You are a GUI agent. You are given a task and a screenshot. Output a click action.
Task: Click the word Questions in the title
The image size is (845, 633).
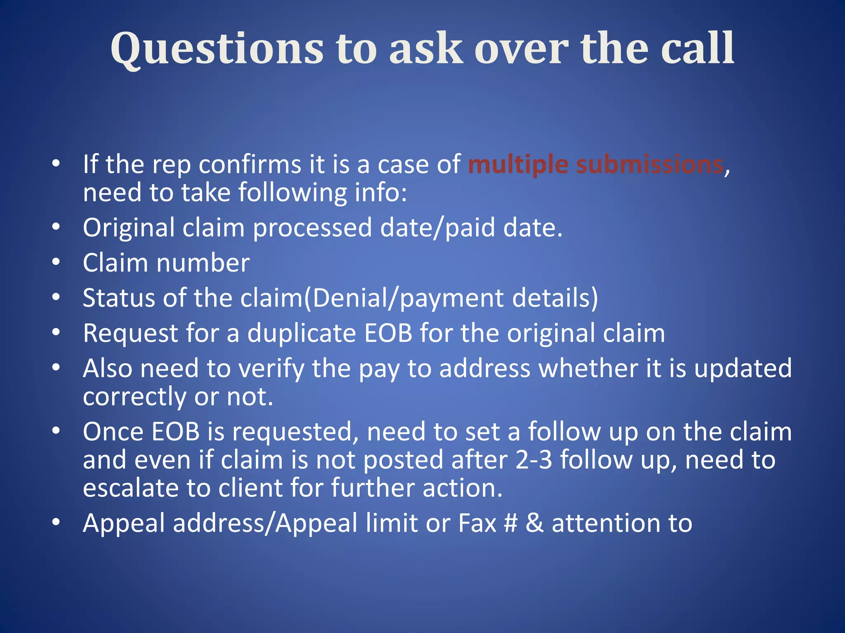pos(217,49)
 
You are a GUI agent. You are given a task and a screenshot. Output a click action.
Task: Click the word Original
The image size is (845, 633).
pos(128,228)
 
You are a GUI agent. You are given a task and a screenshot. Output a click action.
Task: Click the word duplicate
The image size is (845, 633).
pos(302,333)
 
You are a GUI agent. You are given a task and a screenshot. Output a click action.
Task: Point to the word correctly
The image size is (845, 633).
pos(135,397)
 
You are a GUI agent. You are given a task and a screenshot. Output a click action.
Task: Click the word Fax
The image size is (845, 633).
pos(477,523)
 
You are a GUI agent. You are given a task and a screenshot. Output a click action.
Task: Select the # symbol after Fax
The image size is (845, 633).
pos(511,523)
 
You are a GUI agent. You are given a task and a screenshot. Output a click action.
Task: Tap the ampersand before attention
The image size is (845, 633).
pos(535,523)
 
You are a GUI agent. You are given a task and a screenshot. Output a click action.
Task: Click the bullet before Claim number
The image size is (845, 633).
pos(56,262)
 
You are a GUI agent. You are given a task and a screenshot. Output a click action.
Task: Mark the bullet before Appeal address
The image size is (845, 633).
pos(56,523)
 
